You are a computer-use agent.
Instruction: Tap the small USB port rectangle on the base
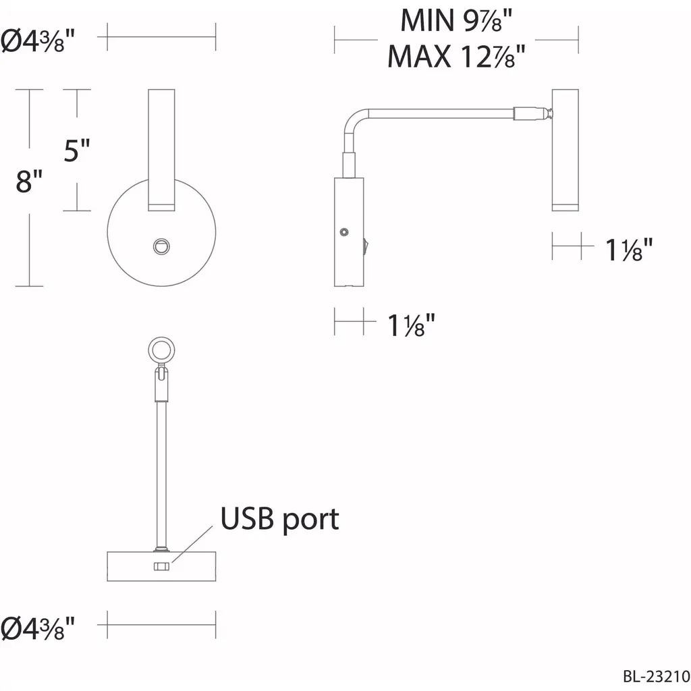pos(161,566)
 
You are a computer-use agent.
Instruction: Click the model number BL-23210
pos(656,676)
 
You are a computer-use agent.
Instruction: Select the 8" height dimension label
pos(29,180)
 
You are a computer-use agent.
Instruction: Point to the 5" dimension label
pos(77,150)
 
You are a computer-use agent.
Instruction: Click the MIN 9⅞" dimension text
pos(456,20)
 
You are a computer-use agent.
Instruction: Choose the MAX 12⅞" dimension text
pos(456,56)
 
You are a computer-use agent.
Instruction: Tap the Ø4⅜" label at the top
pos(38,41)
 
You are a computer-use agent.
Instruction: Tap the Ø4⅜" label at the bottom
pos(38,628)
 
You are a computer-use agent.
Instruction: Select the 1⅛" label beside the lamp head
pos(628,250)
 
